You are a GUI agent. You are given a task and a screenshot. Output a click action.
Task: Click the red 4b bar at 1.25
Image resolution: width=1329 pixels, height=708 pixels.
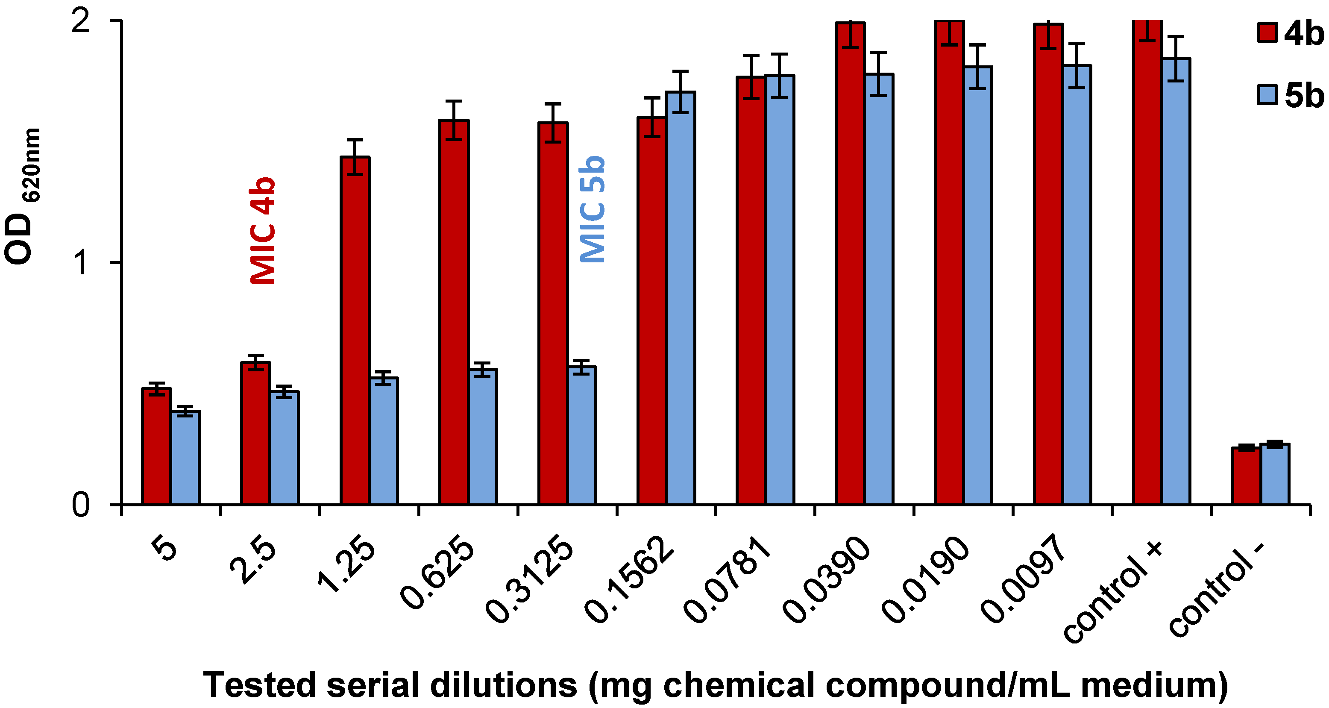pyautogui.click(x=355, y=330)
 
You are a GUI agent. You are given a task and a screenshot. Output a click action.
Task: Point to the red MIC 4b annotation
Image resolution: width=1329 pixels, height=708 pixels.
pyautogui.click(x=263, y=231)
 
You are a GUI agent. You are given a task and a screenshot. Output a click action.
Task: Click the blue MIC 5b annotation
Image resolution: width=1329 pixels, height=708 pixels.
pyautogui.click(x=592, y=209)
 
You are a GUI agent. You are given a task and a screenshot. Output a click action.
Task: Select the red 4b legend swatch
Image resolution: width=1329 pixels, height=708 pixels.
pyautogui.click(x=1267, y=32)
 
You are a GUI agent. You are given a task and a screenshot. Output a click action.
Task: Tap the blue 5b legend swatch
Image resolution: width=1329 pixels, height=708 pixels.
pyautogui.click(x=1267, y=95)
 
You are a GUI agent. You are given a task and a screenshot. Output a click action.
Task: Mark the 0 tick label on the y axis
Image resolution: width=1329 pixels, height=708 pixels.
pyautogui.click(x=82, y=504)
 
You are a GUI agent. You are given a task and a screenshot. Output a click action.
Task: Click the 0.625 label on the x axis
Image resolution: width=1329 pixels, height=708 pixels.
pyautogui.click(x=437, y=573)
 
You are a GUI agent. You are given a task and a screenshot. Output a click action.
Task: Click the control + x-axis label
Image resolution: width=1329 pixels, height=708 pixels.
pyautogui.click(x=1115, y=599)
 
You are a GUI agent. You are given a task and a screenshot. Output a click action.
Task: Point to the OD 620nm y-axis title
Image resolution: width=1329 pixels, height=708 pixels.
pyautogui.click(x=22, y=196)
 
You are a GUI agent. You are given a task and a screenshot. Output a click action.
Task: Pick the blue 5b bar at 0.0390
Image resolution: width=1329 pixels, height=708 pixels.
pyautogui.click(x=879, y=289)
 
